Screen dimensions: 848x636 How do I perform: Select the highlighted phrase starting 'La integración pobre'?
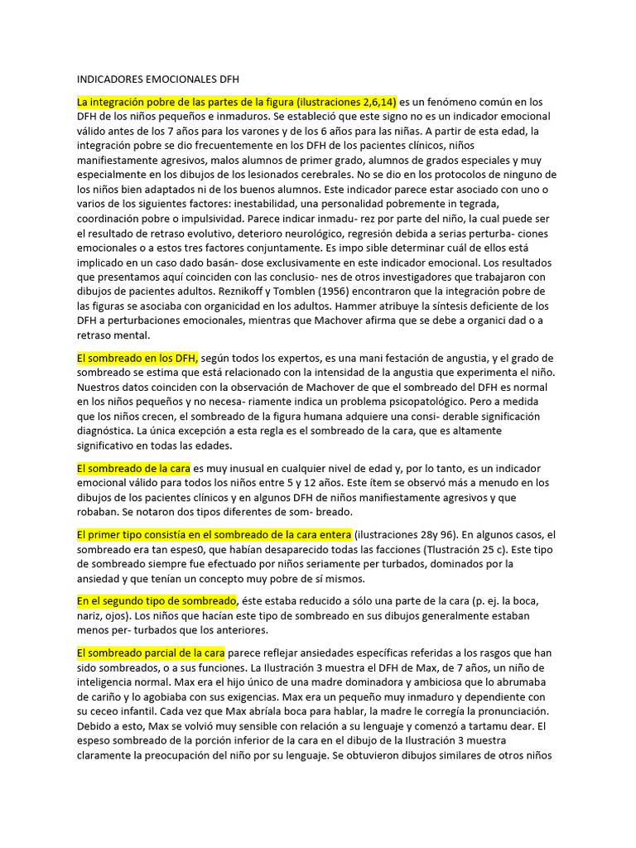(237, 102)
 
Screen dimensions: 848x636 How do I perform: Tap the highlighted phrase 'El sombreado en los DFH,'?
(137, 358)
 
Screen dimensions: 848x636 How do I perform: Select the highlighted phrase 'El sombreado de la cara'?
(133, 468)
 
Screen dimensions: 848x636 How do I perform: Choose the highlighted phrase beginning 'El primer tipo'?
(214, 534)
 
